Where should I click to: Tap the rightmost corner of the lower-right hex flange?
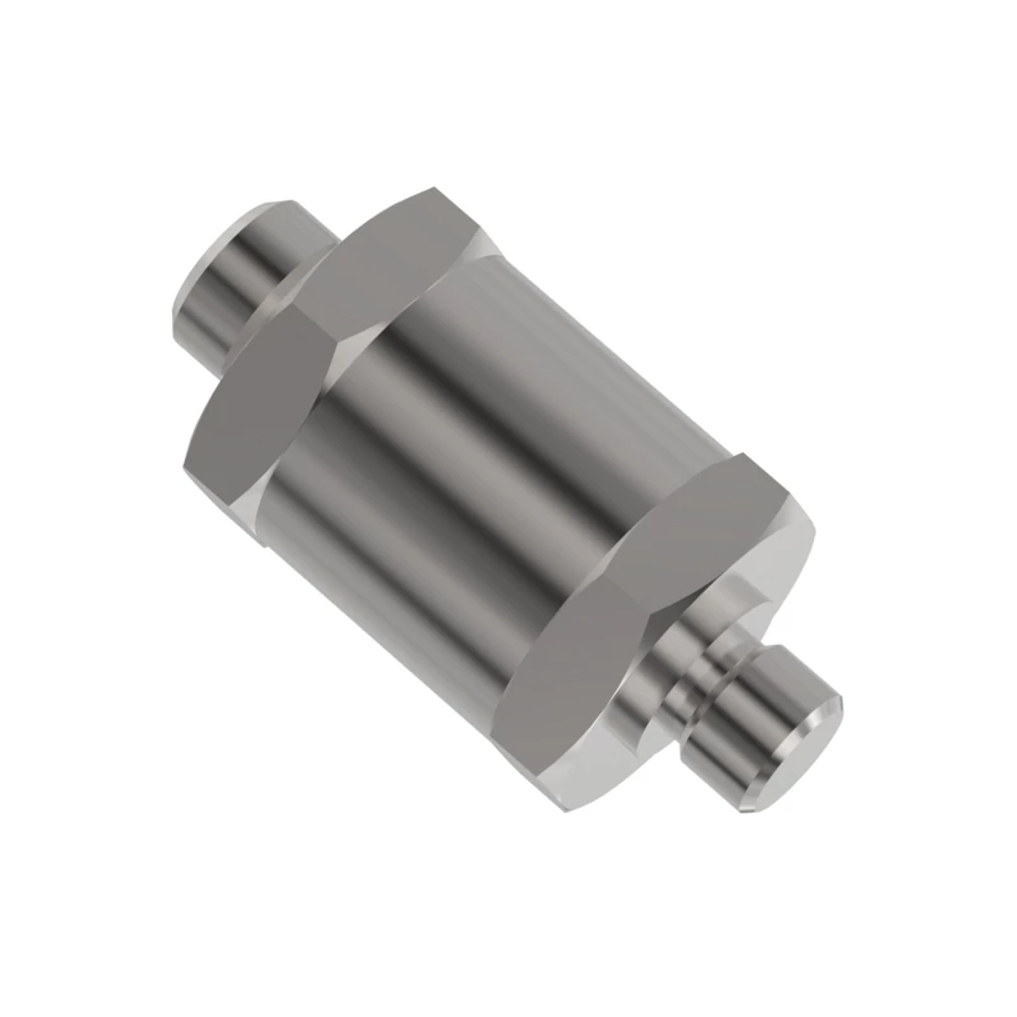pyautogui.click(x=814, y=517)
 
